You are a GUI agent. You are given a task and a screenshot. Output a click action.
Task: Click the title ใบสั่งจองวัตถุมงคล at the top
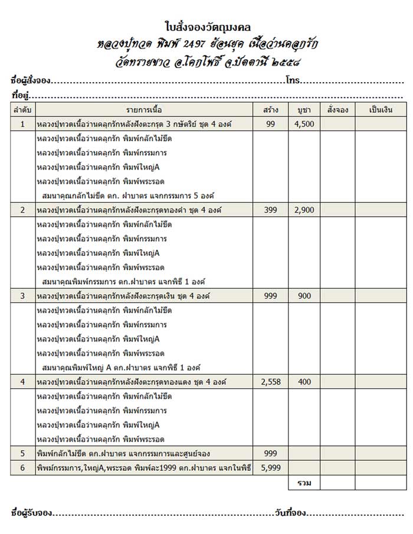pyautogui.click(x=206, y=27)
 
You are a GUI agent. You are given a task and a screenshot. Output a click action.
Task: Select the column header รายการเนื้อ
pyautogui.click(x=143, y=110)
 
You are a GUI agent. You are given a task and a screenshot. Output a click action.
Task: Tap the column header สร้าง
pyautogui.click(x=271, y=110)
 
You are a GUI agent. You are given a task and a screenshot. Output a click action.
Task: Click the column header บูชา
pyautogui.click(x=304, y=110)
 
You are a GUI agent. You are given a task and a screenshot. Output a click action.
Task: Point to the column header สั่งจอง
pyautogui.click(x=337, y=110)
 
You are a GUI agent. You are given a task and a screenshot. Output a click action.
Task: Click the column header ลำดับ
pyautogui.click(x=22, y=110)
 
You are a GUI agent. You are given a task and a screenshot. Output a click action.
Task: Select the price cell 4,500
pyautogui.click(x=304, y=124)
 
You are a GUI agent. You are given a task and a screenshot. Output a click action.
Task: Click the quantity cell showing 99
pyautogui.click(x=271, y=124)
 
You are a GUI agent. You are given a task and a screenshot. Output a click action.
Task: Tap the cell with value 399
pyautogui.click(x=271, y=210)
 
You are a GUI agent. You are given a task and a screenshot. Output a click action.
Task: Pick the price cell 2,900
pyautogui.click(x=304, y=210)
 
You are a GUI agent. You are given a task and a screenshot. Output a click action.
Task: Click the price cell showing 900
pyautogui.click(x=304, y=296)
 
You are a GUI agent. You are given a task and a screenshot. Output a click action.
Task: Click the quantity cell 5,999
pyautogui.click(x=271, y=468)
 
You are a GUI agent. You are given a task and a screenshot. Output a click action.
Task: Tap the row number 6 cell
pyautogui.click(x=22, y=468)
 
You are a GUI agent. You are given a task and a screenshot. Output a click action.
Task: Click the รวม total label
pyautogui.click(x=304, y=483)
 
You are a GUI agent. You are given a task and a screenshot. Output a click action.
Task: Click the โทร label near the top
pyautogui.click(x=291, y=79)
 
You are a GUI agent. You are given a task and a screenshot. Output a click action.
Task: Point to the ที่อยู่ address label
pyautogui.click(x=21, y=95)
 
